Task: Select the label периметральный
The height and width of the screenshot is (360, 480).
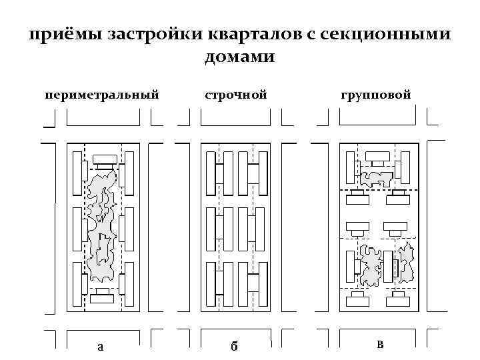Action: tap(102, 95)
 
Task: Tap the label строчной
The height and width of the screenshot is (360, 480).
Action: tap(236, 95)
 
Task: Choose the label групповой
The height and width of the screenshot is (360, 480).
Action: tap(376, 95)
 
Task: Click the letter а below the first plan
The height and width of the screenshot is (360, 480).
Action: tap(100, 345)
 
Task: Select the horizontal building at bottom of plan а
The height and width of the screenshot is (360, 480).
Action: tap(103, 299)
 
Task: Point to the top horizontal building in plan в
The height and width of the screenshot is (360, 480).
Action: tap(378, 156)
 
